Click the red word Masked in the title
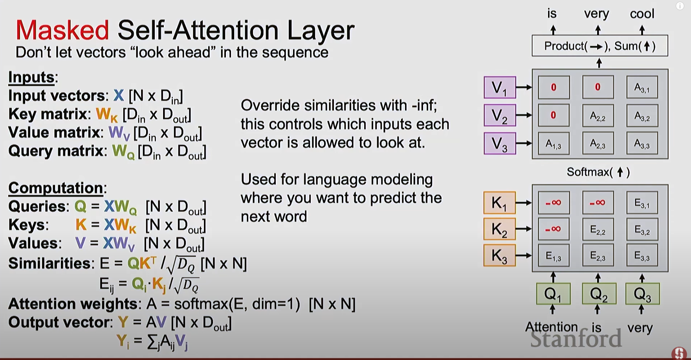(x=62, y=30)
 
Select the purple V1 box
(x=500, y=87)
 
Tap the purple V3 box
(x=500, y=143)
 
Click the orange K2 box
(x=499, y=229)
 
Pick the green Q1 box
(x=553, y=294)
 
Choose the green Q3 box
(x=642, y=294)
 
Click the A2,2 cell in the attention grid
(x=598, y=115)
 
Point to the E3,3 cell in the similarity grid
(x=642, y=256)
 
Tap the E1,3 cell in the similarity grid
(x=554, y=256)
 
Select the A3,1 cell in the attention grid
(x=642, y=87)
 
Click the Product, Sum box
(x=600, y=46)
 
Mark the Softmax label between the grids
(x=598, y=172)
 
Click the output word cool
(x=642, y=14)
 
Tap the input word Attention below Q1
(x=552, y=327)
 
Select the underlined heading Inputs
(x=31, y=77)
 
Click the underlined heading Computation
(x=56, y=188)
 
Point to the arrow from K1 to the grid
(x=524, y=203)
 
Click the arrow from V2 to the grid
(x=524, y=115)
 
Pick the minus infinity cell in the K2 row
(x=554, y=229)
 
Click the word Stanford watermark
(x=576, y=339)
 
